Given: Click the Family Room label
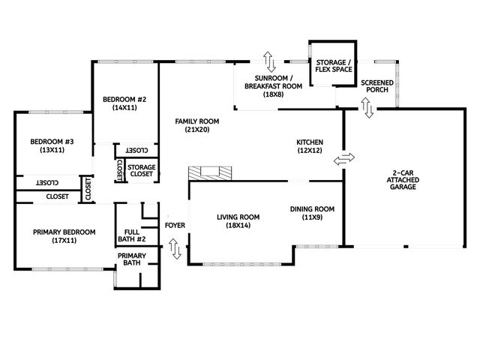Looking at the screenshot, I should (x=197, y=121).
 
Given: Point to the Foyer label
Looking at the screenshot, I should (x=175, y=224).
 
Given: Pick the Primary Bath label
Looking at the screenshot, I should (x=132, y=259).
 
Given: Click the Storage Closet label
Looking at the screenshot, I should (x=141, y=170).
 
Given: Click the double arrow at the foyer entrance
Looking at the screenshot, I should (x=176, y=249).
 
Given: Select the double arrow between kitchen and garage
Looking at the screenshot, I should (x=343, y=159).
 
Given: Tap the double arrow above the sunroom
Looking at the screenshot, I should (x=268, y=61).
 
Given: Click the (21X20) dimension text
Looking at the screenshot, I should (x=197, y=130).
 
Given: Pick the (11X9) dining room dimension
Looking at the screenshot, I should (x=312, y=217).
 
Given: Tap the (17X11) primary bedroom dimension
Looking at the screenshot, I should (x=64, y=241).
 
